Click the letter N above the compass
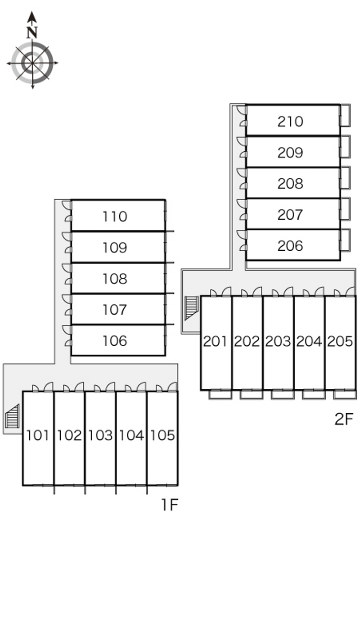point(31,32)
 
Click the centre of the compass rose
point(32,63)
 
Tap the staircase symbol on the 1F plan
point(13,416)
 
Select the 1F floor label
point(170,505)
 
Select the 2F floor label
point(344,419)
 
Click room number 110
point(115,217)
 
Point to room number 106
point(115,341)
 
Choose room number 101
point(38,435)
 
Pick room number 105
point(162,435)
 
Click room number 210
point(290,121)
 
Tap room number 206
point(290,246)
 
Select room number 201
point(215,342)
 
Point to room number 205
point(340,342)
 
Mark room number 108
point(115,279)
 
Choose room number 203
point(278,342)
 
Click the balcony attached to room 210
point(345,115)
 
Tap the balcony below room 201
point(220,394)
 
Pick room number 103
point(100,435)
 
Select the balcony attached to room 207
point(345,209)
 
